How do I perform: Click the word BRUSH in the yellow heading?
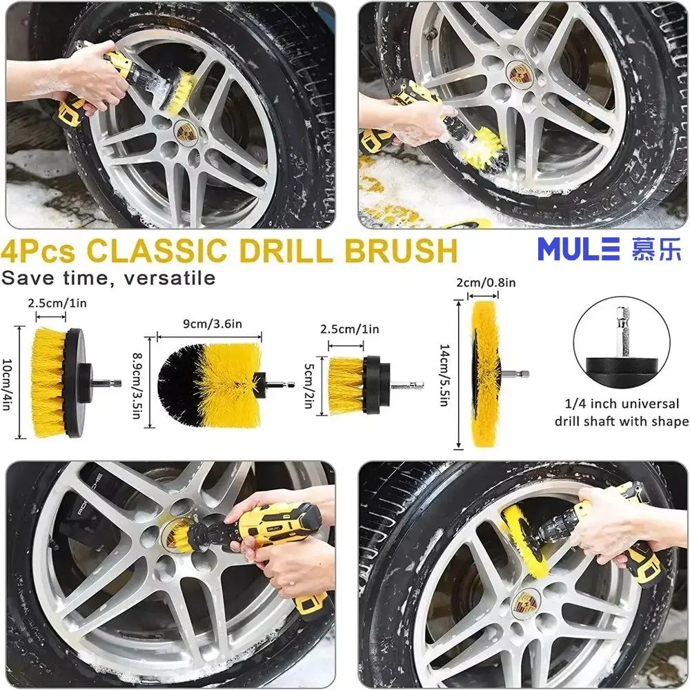point(401,250)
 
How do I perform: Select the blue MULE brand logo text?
point(579,249)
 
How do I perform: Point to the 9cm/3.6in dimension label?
point(213,324)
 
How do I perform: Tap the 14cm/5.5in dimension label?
point(444,375)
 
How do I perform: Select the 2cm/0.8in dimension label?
point(485,282)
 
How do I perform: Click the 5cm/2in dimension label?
point(308,386)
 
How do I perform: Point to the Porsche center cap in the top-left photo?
point(183,132)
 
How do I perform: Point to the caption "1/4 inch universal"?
point(622,404)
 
